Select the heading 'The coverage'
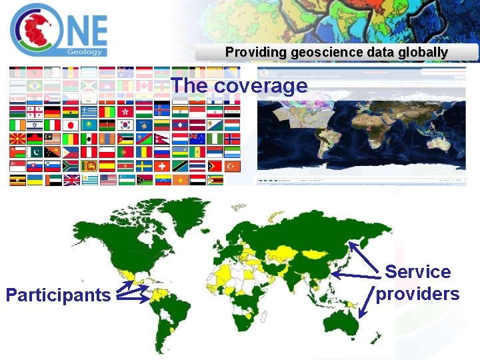[239, 86]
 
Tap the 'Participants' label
[58, 295]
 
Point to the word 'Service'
[418, 272]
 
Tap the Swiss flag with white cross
[162, 166]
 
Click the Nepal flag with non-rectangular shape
[162, 139]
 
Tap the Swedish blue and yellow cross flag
[144, 166]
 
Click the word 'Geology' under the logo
[85, 51]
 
